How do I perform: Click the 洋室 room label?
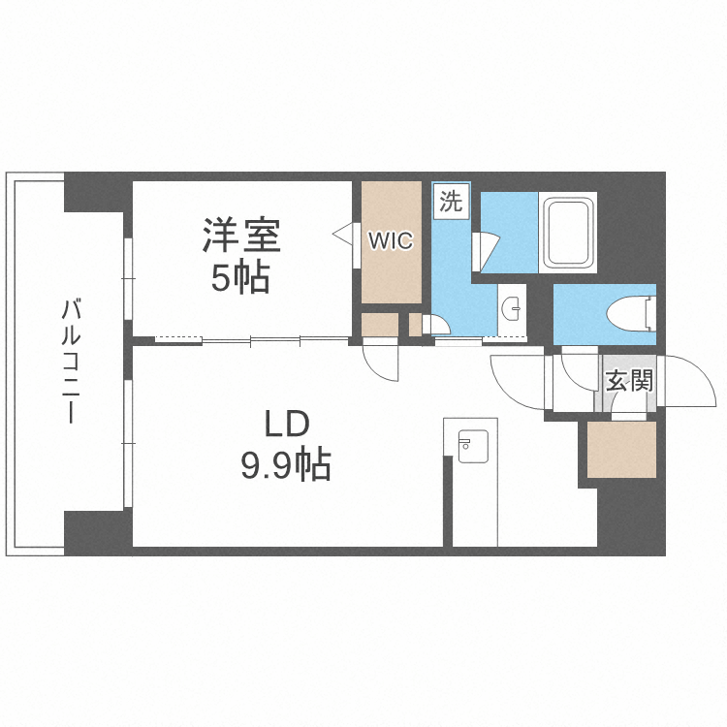[x=241, y=236]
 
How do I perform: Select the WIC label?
[x=391, y=240]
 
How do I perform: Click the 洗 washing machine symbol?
[x=451, y=203]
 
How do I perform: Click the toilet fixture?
[x=631, y=311]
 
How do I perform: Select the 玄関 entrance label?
[x=629, y=380]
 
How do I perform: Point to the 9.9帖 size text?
[x=286, y=467]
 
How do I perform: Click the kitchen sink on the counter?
[x=470, y=447]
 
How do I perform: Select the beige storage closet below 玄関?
[x=621, y=449]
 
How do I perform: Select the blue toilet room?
[x=605, y=312]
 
